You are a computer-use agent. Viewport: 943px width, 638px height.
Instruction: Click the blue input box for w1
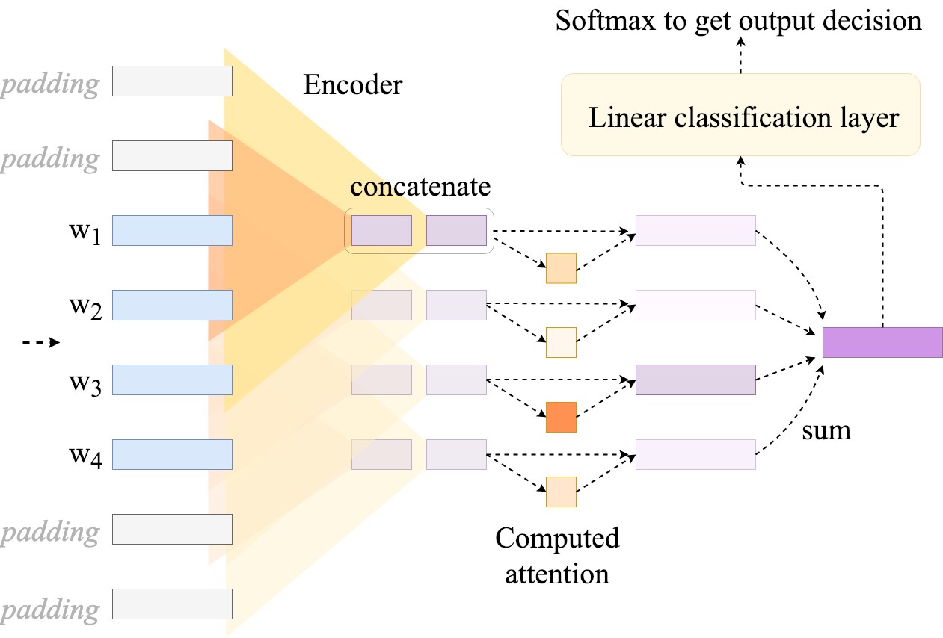pos(172,230)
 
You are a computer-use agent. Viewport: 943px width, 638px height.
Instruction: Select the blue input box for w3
pos(172,380)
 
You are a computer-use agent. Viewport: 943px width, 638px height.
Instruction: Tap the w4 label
pos(85,456)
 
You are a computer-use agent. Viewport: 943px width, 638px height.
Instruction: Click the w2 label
pos(85,307)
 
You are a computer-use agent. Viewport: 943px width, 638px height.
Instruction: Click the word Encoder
pos(353,84)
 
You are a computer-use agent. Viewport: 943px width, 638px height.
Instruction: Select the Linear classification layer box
pos(740,115)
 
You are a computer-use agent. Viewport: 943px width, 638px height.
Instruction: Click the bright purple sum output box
pos(882,342)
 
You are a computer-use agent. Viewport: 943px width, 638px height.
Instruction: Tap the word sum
pos(826,430)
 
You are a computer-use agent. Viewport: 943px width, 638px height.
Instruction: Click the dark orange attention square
pos(561,417)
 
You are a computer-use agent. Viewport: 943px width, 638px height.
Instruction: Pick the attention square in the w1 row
pos(561,268)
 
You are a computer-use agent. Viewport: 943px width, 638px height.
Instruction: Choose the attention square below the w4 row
pos(561,492)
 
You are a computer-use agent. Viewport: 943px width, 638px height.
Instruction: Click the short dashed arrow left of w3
pos(41,342)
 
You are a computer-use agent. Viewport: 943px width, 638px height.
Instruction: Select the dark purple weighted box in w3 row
pos(695,380)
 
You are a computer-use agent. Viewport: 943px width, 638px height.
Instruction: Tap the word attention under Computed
pos(557,574)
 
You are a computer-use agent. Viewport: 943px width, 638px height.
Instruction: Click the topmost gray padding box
pos(172,81)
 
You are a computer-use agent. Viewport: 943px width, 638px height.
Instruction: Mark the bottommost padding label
pos(50,609)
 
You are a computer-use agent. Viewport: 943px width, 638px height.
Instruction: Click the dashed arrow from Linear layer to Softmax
pos(740,55)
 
